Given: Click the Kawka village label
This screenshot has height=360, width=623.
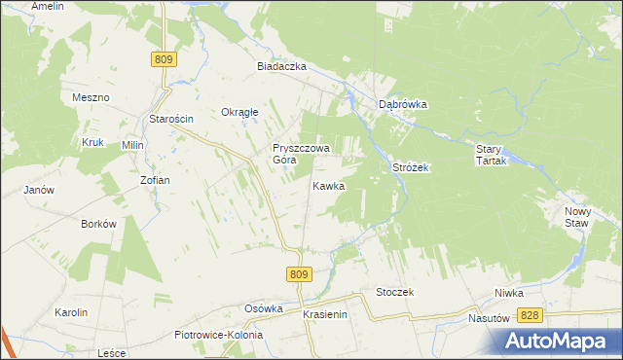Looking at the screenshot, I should click(328, 185).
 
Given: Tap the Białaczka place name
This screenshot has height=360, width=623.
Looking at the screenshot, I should click(281, 66).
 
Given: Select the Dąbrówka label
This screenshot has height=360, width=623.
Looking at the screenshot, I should click(404, 104).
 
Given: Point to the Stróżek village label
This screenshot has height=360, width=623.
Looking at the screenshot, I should click(411, 167).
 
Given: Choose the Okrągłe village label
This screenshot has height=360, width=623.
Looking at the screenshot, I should click(239, 112).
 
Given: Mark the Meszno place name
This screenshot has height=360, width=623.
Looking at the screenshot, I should click(91, 98).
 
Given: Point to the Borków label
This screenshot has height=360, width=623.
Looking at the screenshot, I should click(99, 224).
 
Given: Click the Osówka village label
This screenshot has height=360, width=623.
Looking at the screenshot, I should click(263, 308).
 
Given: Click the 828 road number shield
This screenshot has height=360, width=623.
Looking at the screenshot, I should click(530, 315).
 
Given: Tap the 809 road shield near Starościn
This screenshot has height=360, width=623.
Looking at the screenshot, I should click(164, 59).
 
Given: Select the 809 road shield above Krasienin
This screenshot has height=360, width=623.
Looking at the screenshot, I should click(300, 275).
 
